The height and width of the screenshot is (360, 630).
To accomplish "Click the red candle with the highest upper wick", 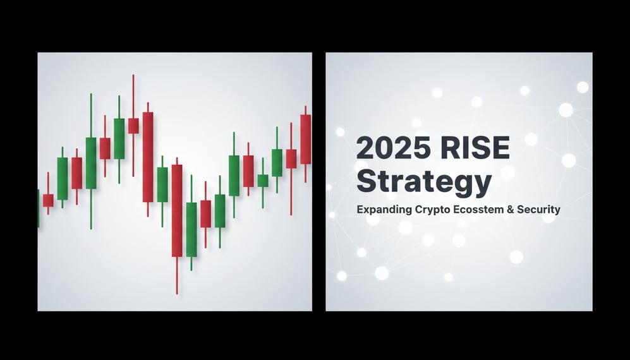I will (x=133, y=125).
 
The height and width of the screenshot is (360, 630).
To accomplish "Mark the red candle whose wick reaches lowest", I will (x=177, y=210).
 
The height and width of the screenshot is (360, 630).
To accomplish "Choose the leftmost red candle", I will (x=48, y=200).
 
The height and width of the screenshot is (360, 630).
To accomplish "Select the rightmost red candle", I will (x=306, y=139).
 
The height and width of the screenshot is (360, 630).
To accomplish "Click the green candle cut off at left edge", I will (x=39, y=208).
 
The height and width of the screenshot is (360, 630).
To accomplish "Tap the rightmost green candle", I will (x=277, y=162).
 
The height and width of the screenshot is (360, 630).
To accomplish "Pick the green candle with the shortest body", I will (x=263, y=181).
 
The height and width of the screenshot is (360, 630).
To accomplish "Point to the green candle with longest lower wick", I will (x=91, y=163).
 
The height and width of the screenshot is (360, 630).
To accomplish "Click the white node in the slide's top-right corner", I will (x=583, y=87).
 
